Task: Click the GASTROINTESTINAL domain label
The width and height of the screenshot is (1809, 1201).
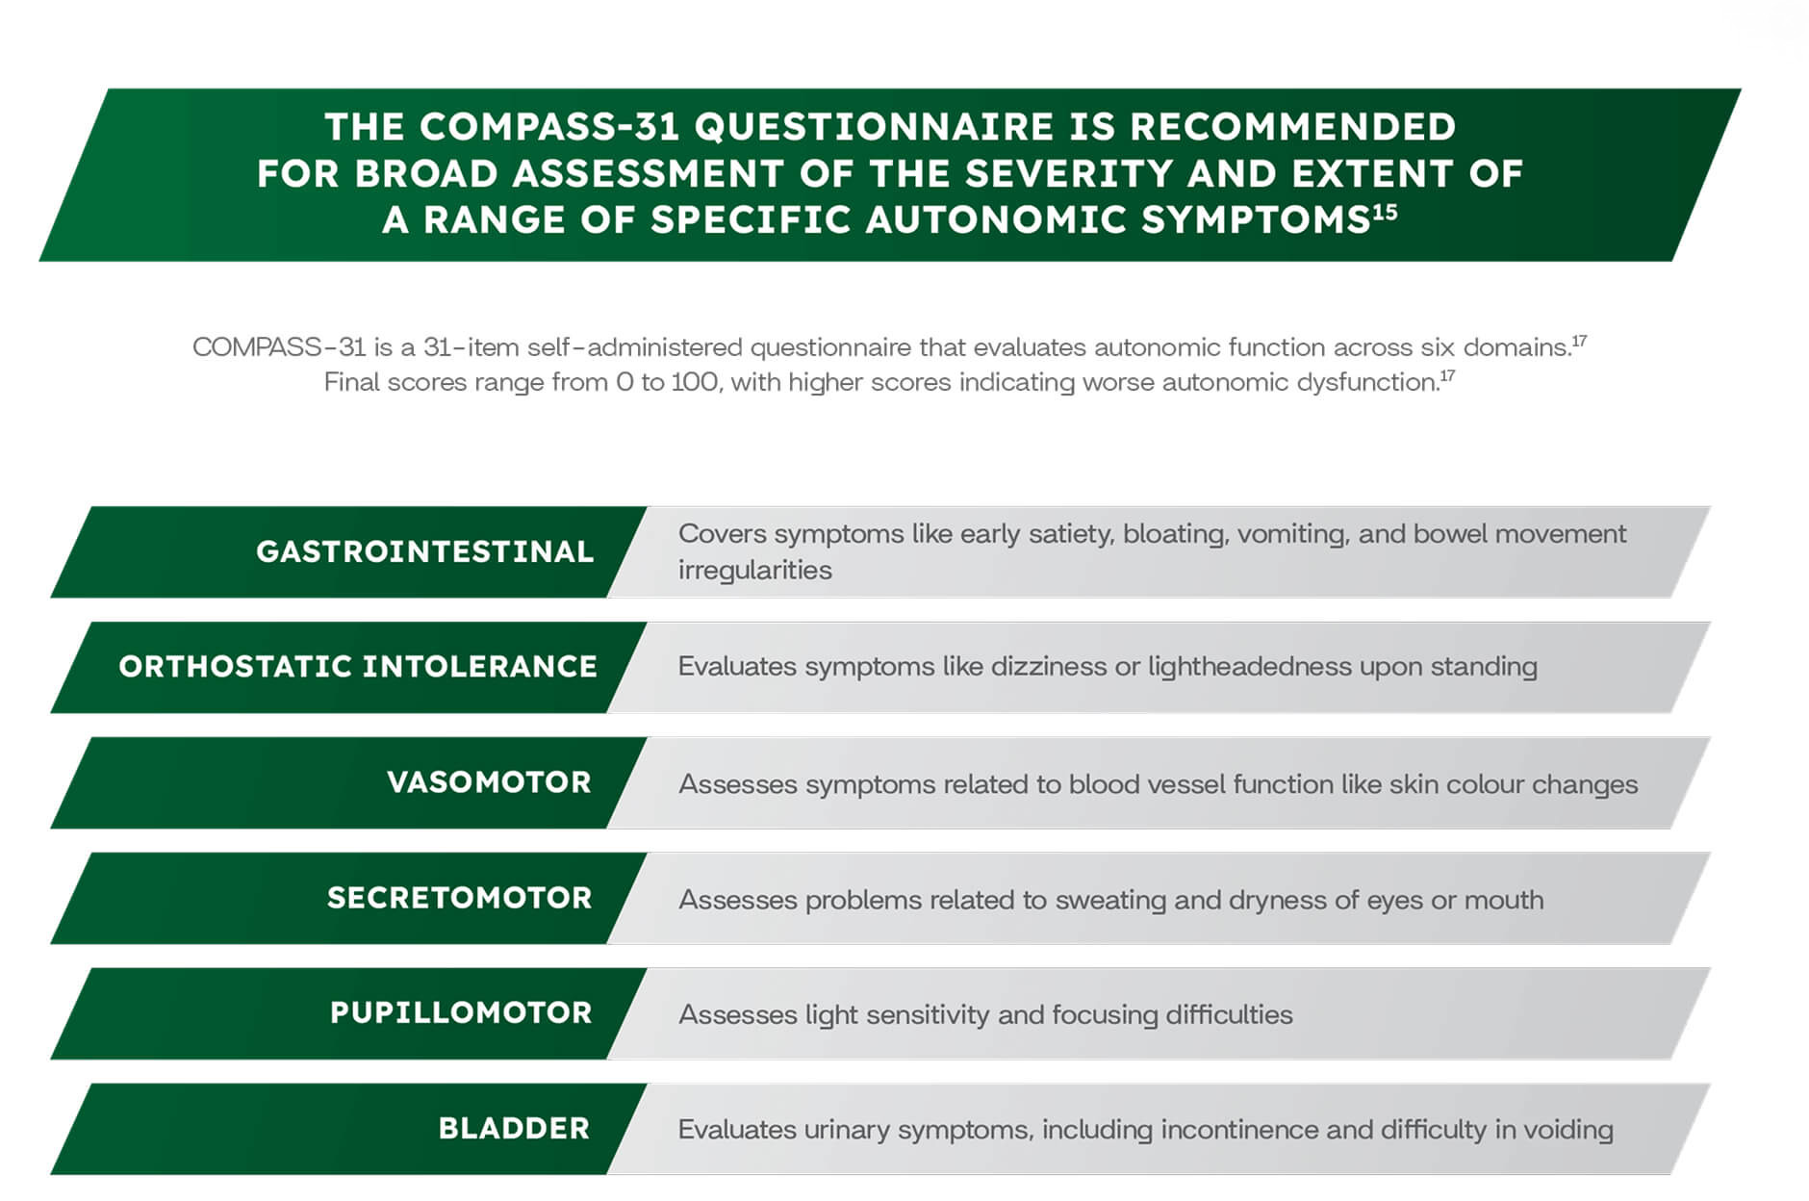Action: coord(424,551)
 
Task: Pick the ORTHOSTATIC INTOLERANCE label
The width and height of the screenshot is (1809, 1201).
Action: coord(358,667)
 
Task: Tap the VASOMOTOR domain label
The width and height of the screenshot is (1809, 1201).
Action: coord(489,782)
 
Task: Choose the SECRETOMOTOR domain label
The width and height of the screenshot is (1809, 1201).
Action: coord(459,898)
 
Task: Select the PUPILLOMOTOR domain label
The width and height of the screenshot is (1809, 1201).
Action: coord(461,1012)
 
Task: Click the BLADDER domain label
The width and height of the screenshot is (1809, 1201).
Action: coord(514,1128)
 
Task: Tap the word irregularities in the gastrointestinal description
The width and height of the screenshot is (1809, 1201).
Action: coord(755,571)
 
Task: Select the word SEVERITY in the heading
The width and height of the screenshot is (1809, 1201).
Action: coord(1069,174)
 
